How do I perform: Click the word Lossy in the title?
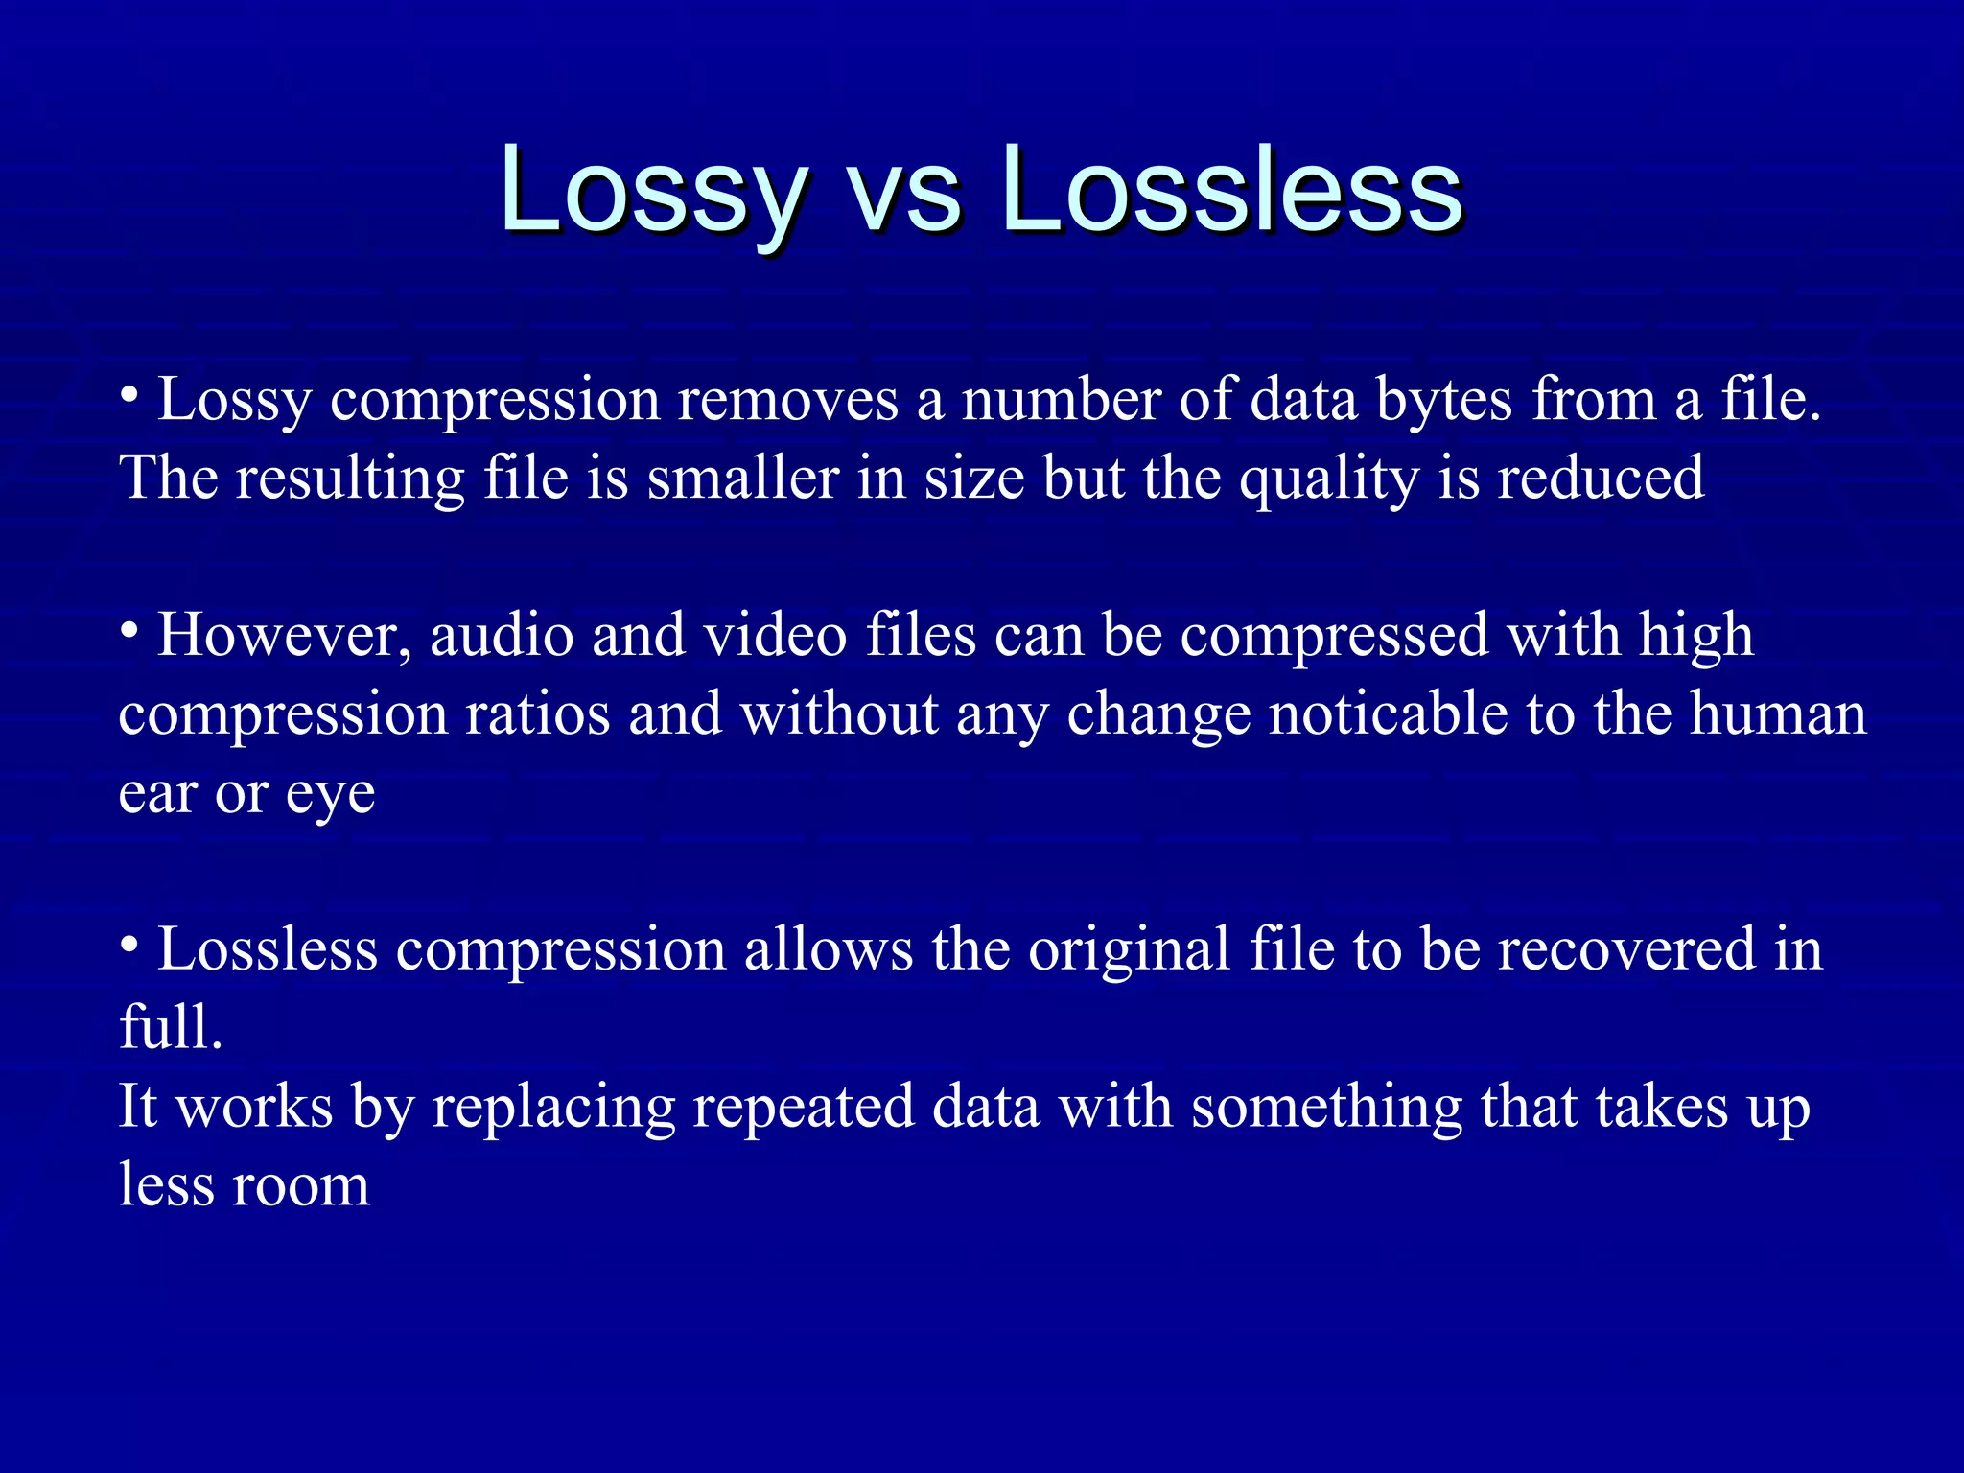[652, 192]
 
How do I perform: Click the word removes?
[787, 399]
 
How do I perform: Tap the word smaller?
[743, 478]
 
